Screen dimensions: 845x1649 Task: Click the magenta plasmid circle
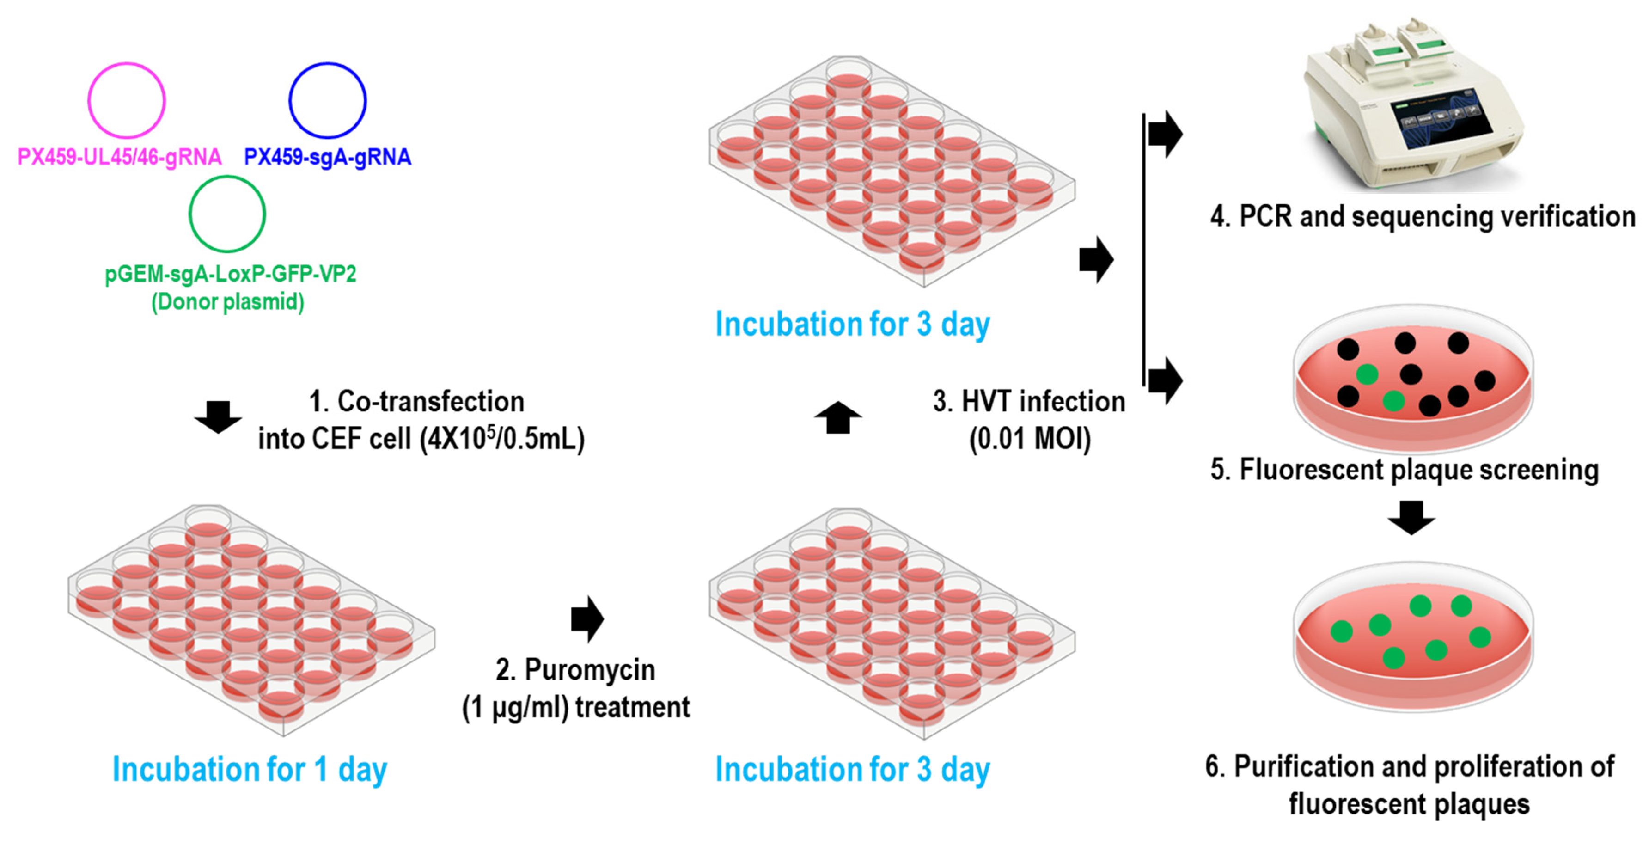(x=126, y=100)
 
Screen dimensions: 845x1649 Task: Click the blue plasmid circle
(x=327, y=100)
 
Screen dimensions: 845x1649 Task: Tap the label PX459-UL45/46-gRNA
(x=120, y=157)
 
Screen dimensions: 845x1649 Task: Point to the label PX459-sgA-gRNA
(x=327, y=157)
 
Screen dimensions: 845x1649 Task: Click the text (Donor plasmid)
(x=227, y=301)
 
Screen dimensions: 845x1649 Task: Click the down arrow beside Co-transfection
(x=218, y=417)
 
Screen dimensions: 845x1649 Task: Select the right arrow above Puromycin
(x=588, y=619)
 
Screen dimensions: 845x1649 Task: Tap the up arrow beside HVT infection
(x=838, y=417)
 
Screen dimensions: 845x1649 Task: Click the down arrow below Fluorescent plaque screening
(x=1411, y=517)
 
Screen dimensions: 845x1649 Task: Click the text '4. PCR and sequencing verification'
(x=1423, y=216)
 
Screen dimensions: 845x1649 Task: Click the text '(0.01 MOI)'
(x=1030, y=439)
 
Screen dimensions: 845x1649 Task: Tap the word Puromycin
(x=590, y=670)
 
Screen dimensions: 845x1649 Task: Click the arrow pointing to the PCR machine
(x=1165, y=135)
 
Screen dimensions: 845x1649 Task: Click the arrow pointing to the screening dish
(x=1165, y=381)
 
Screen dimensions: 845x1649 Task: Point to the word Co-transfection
(x=430, y=401)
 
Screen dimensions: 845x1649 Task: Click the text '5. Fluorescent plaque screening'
(x=1405, y=469)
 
